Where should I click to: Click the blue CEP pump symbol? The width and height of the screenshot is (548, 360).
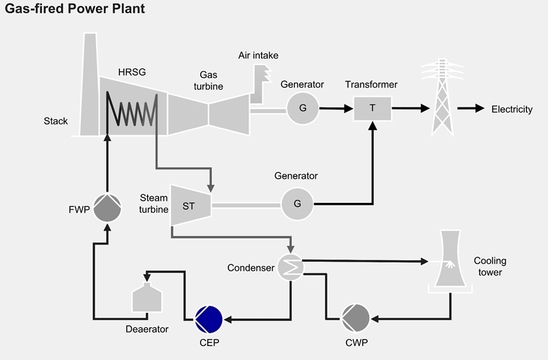tap(208, 319)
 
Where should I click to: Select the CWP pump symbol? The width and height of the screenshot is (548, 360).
tap(356, 319)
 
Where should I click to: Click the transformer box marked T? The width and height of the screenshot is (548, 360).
tap(372, 108)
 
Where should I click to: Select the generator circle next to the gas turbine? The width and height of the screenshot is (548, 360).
tap(302, 107)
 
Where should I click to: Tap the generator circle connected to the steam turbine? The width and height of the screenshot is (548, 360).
tap(297, 204)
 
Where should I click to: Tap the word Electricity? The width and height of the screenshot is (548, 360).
tap(512, 109)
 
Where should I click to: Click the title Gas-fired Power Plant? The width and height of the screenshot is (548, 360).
tap(75, 9)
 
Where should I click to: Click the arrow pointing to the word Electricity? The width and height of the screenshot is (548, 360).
tap(470, 109)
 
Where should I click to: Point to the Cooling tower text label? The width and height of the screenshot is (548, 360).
tap(488, 267)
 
